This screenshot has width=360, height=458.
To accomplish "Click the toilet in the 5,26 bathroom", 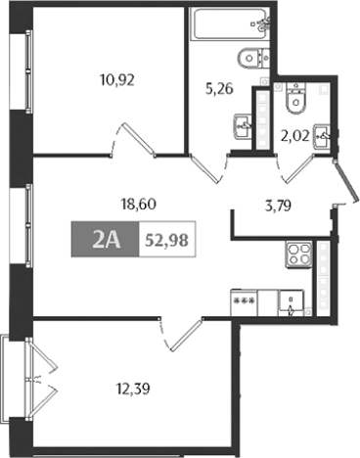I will click(x=251, y=57).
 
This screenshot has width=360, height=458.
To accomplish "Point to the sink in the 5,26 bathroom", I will click(x=243, y=126).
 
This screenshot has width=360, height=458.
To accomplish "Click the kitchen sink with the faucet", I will click(x=292, y=304).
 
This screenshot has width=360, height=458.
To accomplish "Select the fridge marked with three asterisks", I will click(x=246, y=304).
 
